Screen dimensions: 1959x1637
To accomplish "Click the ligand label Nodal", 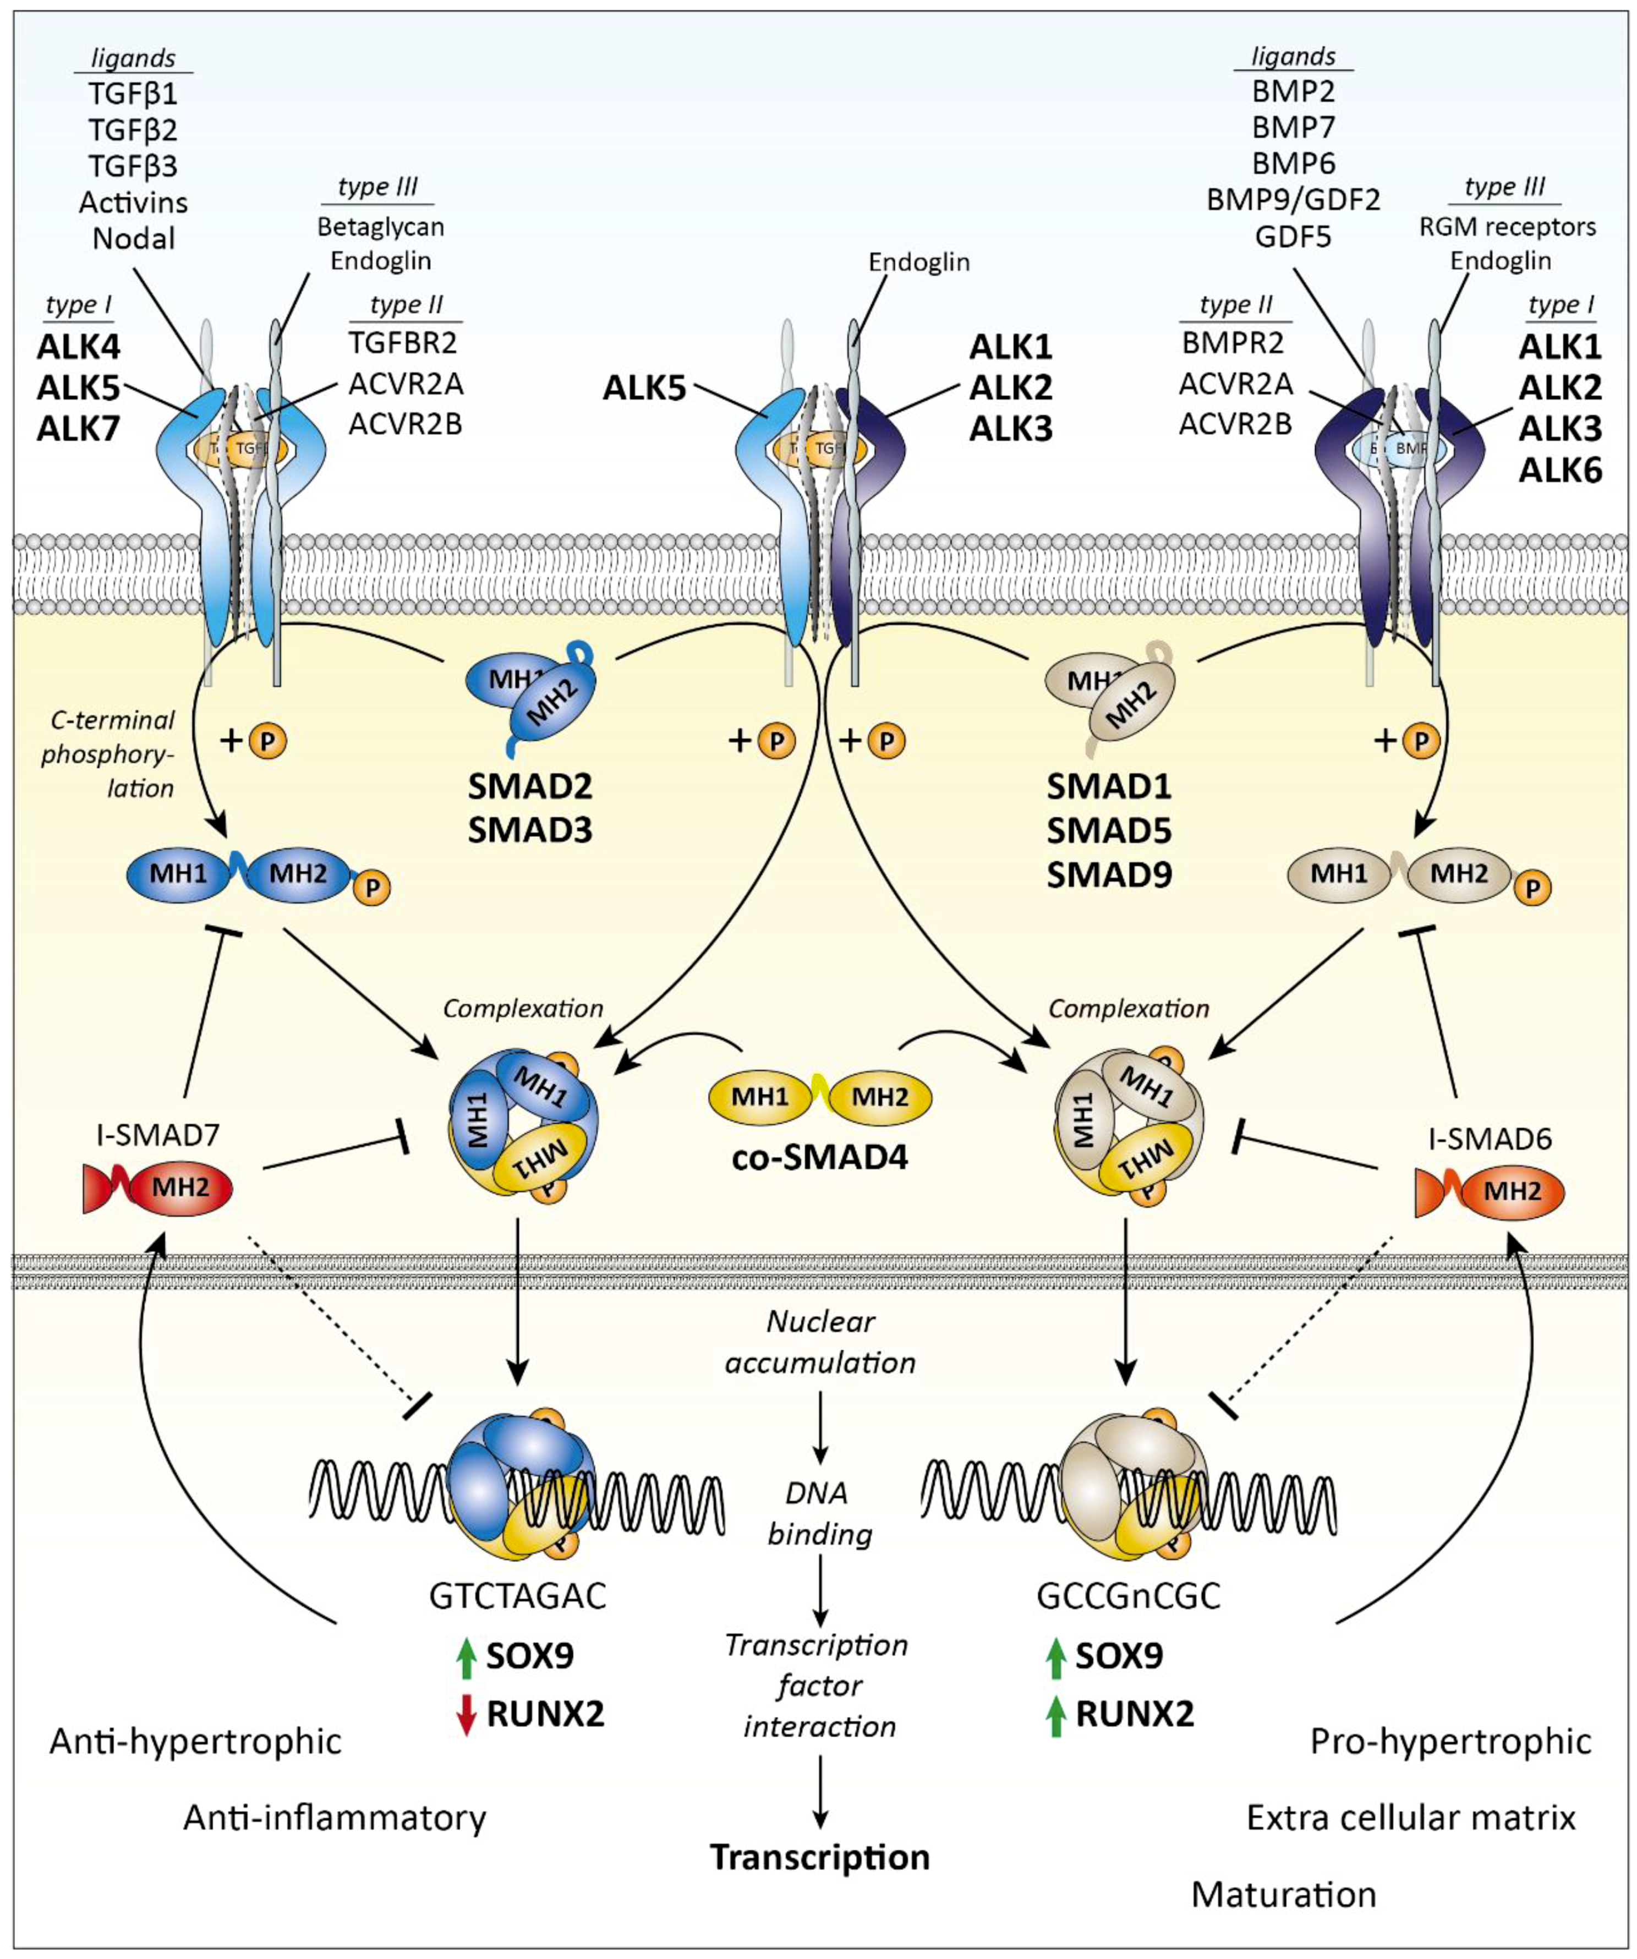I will (x=133, y=239).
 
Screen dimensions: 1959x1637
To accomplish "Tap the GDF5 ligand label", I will (x=1292, y=237).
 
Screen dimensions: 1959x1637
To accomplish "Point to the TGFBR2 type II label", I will (x=403, y=343).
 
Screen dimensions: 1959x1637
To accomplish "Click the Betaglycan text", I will (x=381, y=227).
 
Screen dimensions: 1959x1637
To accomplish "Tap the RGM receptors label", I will (x=1507, y=227).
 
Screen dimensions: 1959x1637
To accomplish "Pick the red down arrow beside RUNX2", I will (x=467, y=1715).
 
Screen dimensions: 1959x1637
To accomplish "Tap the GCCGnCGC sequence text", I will (x=1127, y=1596).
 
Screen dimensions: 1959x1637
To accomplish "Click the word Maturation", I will (x=1284, y=1895).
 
